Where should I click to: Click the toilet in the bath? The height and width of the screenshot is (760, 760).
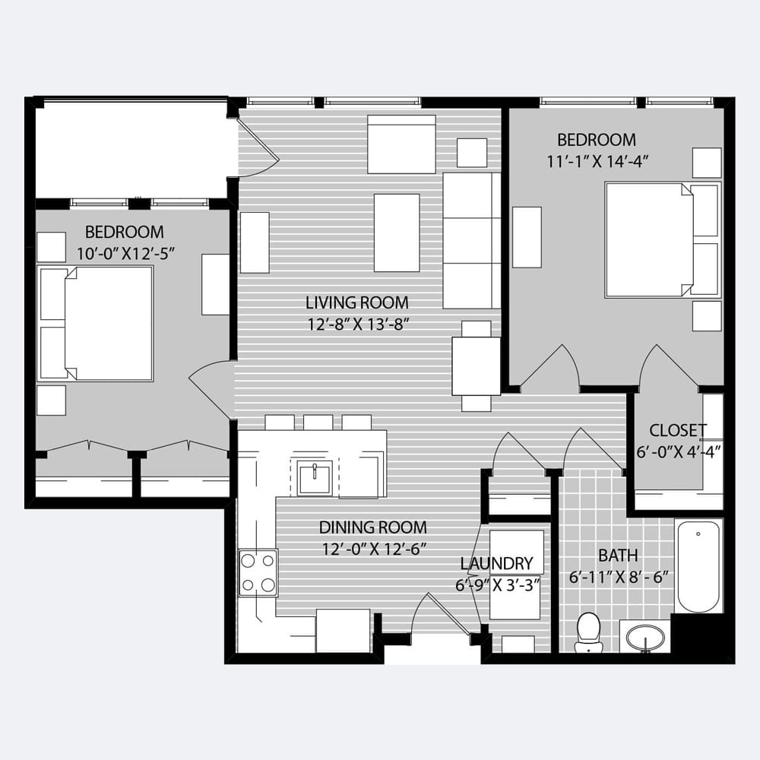(588, 632)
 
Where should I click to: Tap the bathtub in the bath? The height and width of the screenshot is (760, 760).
(698, 567)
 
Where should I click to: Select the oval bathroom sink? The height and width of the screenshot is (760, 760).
(645, 638)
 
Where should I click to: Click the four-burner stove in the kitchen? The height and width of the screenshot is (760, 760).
(258, 572)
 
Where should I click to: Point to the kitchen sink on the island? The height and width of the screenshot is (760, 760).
(315, 478)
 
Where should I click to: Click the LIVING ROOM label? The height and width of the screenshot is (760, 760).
(357, 303)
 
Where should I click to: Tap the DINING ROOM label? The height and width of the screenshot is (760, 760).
(372, 527)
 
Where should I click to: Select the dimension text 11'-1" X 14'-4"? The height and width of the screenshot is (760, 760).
(597, 161)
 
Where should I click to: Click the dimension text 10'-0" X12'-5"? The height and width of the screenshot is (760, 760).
(125, 253)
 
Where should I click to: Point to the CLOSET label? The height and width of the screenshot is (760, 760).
(677, 430)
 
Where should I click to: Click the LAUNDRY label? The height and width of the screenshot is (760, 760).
(496, 563)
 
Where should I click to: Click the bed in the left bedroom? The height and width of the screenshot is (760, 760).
(96, 323)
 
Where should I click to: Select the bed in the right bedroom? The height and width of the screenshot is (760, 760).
(663, 240)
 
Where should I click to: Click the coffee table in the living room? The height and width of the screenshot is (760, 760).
(397, 233)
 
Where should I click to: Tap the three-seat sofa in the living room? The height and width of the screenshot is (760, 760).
(472, 240)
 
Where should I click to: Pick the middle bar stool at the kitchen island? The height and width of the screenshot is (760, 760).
(318, 422)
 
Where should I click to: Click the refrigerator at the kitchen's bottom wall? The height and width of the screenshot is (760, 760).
(344, 631)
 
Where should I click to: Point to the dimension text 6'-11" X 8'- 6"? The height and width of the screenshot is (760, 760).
(619, 578)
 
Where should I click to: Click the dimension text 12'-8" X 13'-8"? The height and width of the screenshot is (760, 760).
(359, 325)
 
